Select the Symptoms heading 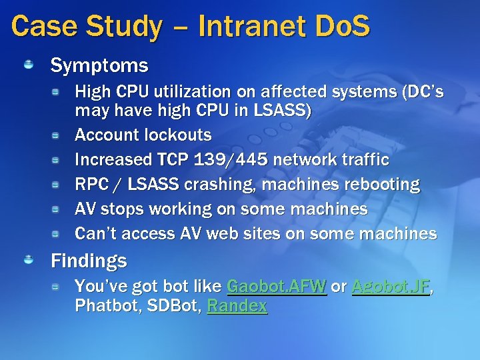tap(99, 65)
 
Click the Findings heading tap(89, 261)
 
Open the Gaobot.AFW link tap(277, 287)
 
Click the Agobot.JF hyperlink tap(391, 287)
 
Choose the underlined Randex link tap(237, 306)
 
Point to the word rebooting tap(382, 185)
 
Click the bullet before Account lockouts tap(59, 135)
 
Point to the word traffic tap(365, 160)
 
